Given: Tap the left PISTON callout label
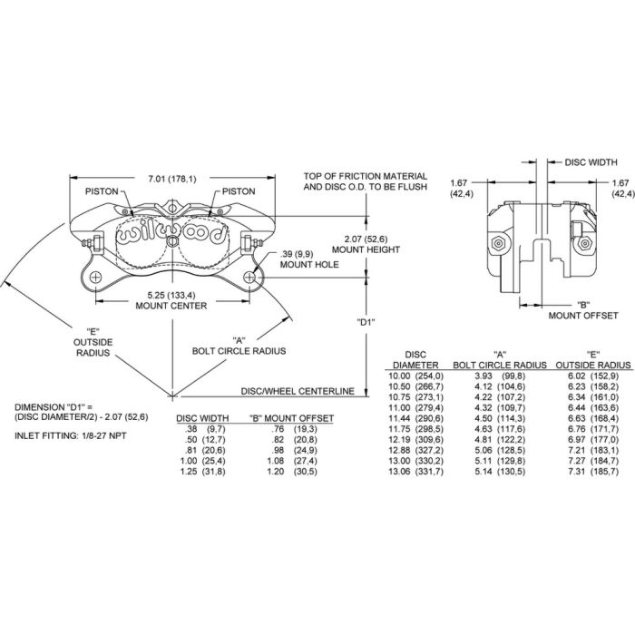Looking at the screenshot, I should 102,191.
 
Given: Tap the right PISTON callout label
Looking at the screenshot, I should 238,191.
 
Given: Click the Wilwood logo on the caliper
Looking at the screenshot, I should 172,233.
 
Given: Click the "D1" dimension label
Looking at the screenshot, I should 367,321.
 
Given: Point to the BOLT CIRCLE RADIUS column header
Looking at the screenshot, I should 498,359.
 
